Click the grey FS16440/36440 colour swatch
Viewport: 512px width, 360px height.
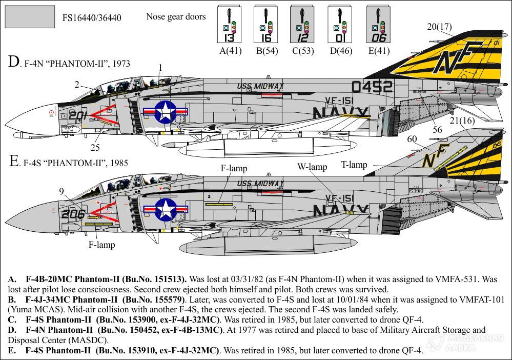click(x=30, y=17)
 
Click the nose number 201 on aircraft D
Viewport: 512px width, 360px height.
click(x=78, y=115)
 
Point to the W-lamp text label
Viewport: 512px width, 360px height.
click(x=312, y=167)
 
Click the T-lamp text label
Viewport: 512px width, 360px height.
click(x=354, y=165)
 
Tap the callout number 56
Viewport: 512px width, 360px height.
click(x=437, y=130)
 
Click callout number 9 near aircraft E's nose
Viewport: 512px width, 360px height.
click(x=62, y=192)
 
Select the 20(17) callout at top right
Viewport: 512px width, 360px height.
click(x=440, y=27)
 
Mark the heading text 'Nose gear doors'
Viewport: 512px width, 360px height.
click(x=176, y=17)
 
